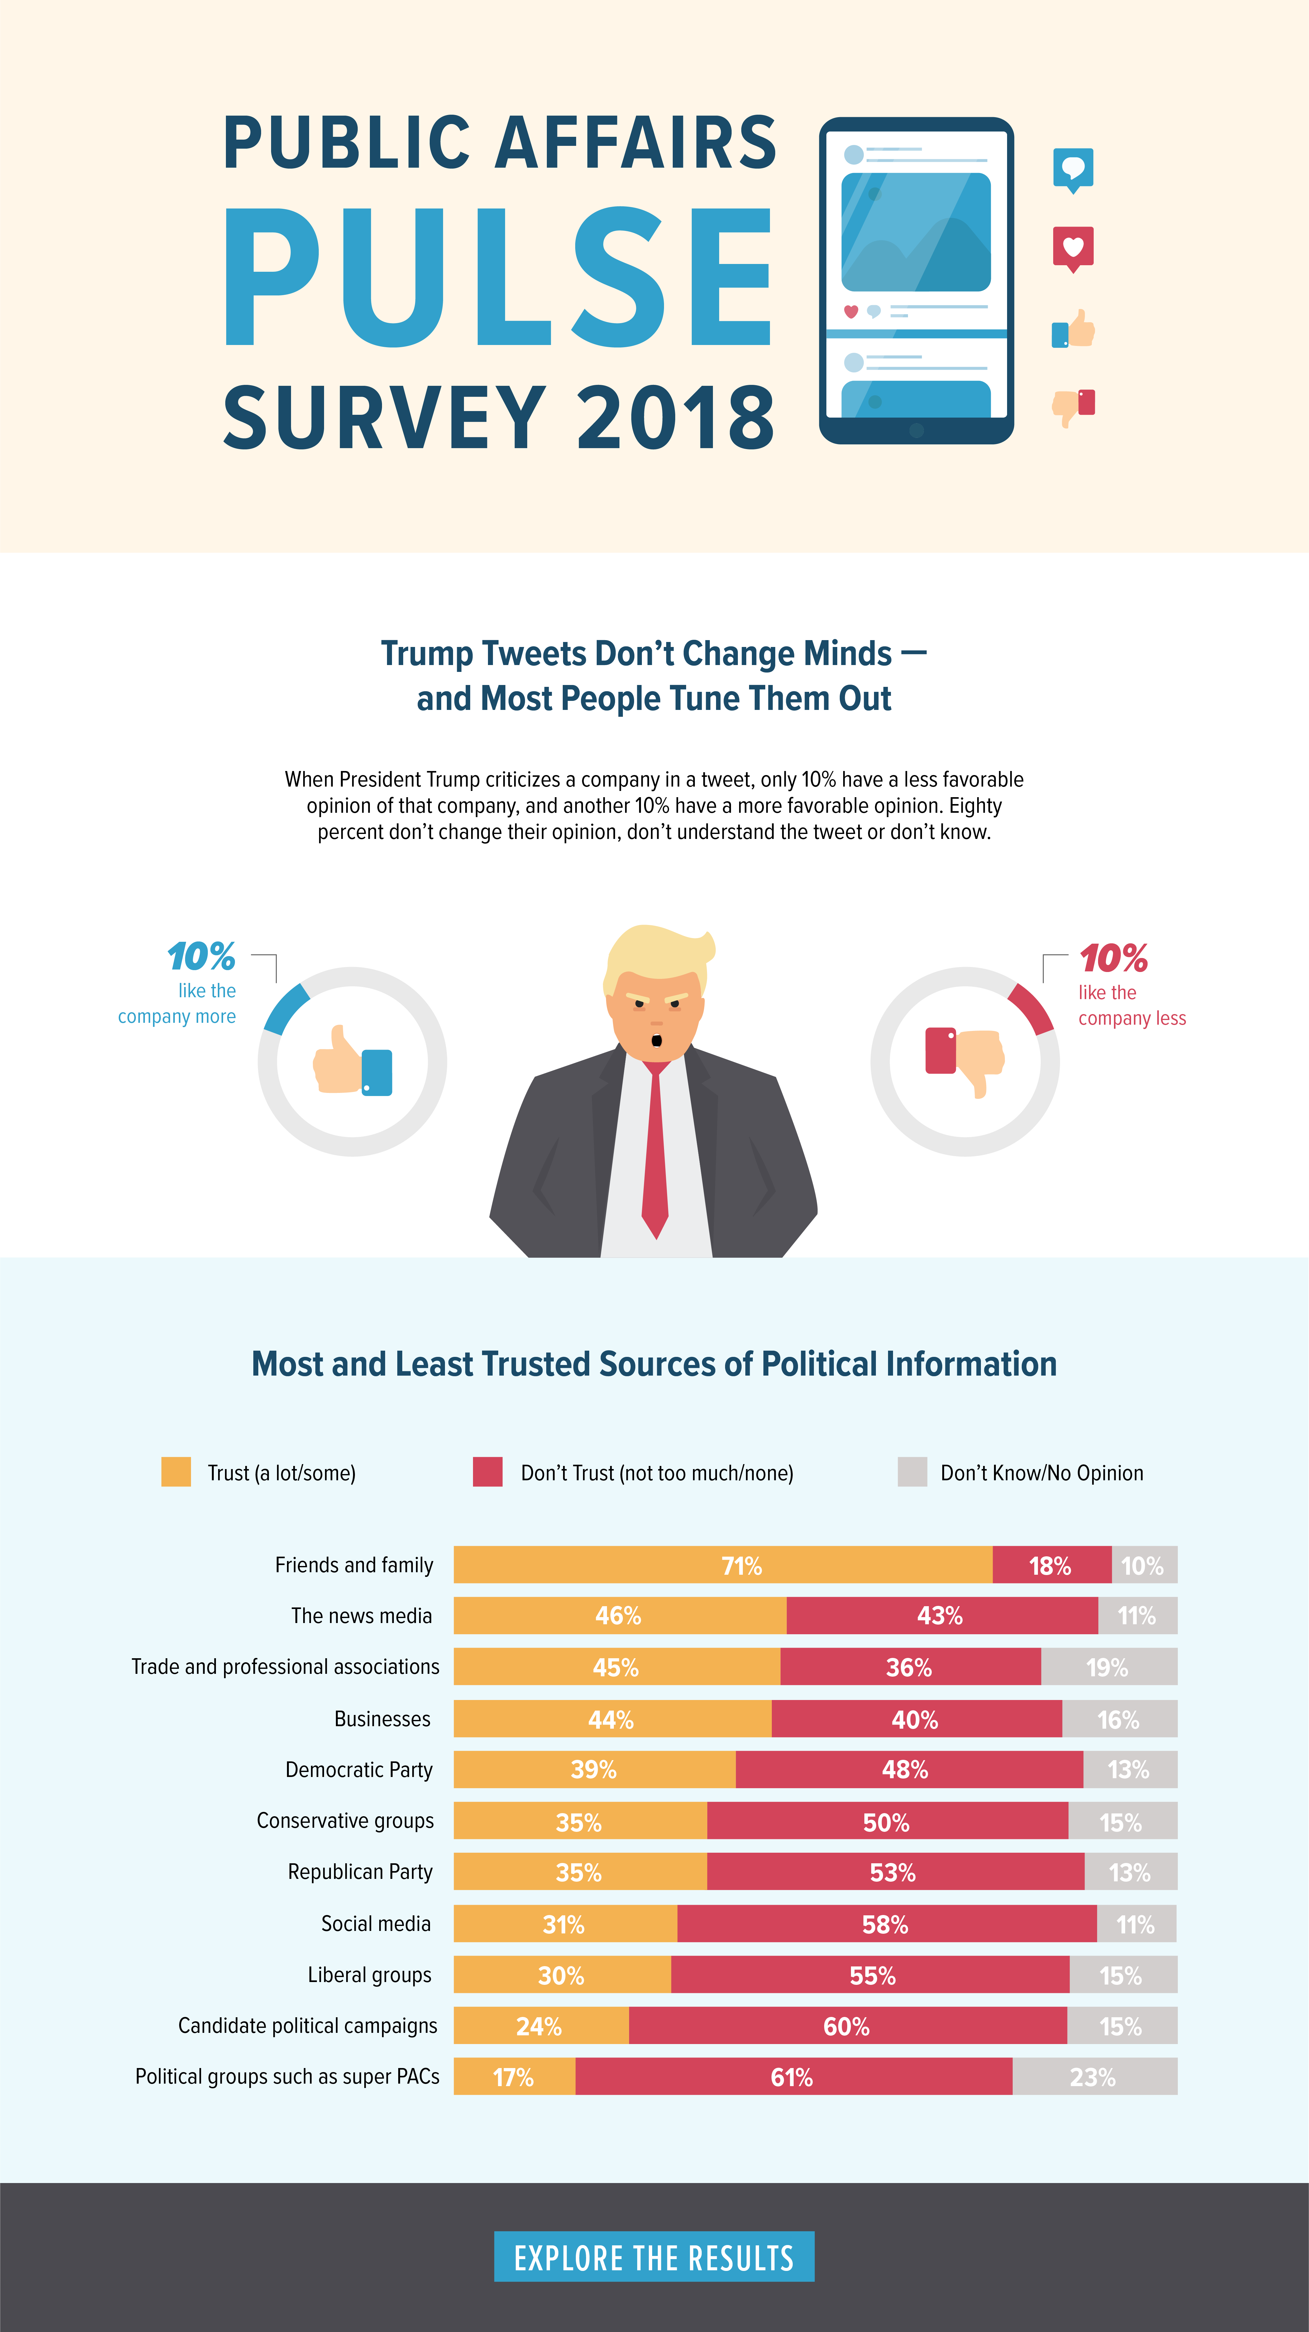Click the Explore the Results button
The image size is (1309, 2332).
[654, 2257]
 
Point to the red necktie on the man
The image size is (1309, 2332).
[654, 1150]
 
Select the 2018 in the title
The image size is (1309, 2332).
[675, 417]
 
